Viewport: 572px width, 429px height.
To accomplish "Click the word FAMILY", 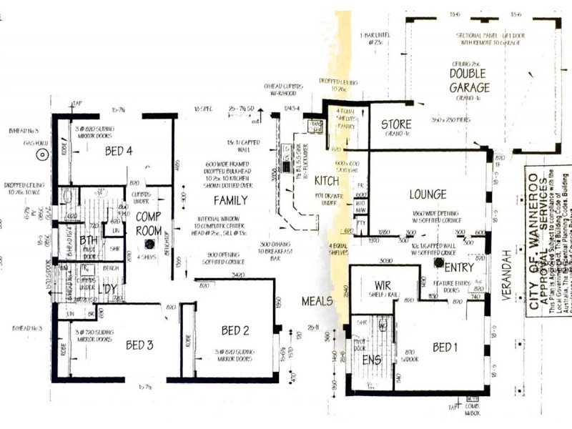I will tap(230, 200).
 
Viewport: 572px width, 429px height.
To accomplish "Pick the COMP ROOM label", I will tap(149, 222).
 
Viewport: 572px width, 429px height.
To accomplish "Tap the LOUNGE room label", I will tap(428, 194).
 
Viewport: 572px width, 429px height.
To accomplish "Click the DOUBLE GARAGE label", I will tap(469, 81).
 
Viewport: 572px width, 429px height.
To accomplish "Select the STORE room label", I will tap(395, 124).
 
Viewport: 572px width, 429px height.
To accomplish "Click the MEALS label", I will tap(317, 300).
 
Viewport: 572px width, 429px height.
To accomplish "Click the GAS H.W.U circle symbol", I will tap(43, 153).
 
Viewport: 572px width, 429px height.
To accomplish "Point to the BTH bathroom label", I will tap(89, 240).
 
